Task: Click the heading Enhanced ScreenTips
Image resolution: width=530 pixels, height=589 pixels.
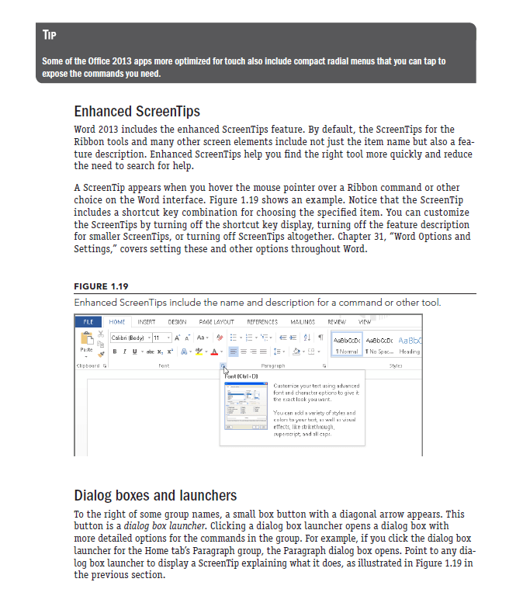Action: [x=137, y=111]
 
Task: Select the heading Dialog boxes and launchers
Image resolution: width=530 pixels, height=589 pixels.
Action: [x=155, y=495]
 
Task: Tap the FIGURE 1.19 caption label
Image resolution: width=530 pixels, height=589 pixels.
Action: [x=102, y=286]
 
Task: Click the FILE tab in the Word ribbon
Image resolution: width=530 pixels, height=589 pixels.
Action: [x=88, y=322]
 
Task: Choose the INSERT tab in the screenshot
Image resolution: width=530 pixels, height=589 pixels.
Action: [x=147, y=322]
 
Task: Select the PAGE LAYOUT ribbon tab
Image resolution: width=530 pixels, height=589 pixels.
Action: [x=217, y=322]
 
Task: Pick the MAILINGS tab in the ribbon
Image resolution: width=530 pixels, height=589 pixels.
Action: [x=302, y=322]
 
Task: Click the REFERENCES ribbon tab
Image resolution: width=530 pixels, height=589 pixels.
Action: [x=262, y=322]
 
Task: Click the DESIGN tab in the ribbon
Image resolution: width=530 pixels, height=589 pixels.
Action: [x=178, y=322]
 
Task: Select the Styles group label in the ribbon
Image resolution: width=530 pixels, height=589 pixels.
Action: [x=396, y=364]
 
